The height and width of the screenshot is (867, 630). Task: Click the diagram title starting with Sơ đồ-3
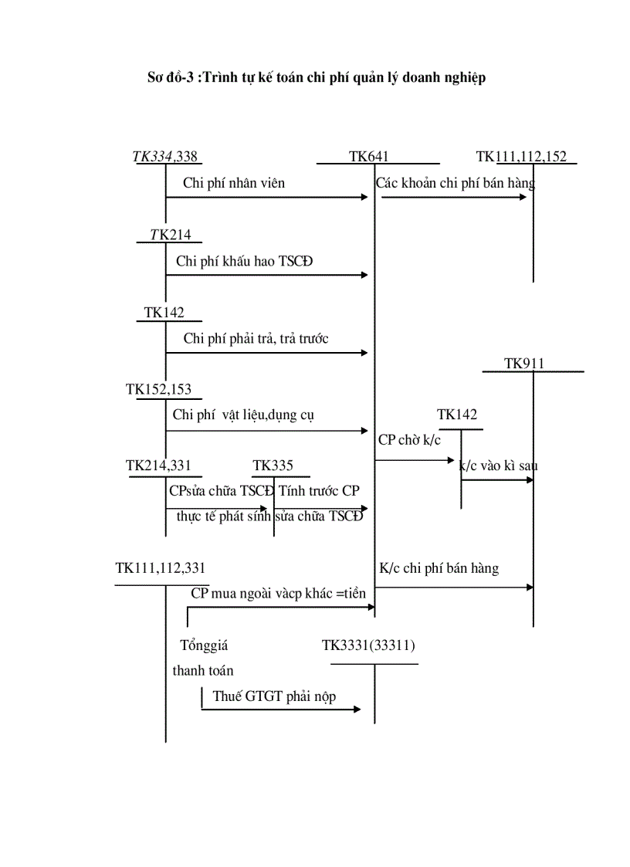click(x=317, y=78)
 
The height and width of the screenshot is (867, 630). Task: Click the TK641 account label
click(x=368, y=157)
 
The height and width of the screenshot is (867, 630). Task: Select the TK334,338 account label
click(x=164, y=157)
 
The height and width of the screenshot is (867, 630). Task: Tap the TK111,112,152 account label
click(x=521, y=157)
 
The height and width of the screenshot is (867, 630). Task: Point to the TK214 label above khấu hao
click(x=170, y=235)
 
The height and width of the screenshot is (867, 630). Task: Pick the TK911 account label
click(x=524, y=364)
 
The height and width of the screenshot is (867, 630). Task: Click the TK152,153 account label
click(x=158, y=390)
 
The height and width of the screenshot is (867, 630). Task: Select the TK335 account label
click(x=273, y=466)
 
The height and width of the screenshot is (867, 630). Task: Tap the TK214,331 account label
click(x=158, y=466)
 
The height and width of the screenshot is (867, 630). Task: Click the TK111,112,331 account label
click(x=161, y=568)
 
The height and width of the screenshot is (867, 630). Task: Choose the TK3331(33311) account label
click(x=369, y=645)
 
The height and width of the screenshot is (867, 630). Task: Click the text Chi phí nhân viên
click(x=234, y=183)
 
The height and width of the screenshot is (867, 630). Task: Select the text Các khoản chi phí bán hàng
click(x=456, y=183)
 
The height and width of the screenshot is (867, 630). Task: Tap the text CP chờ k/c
click(x=409, y=440)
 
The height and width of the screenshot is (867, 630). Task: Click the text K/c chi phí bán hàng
click(x=439, y=568)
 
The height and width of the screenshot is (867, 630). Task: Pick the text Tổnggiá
click(x=204, y=645)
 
